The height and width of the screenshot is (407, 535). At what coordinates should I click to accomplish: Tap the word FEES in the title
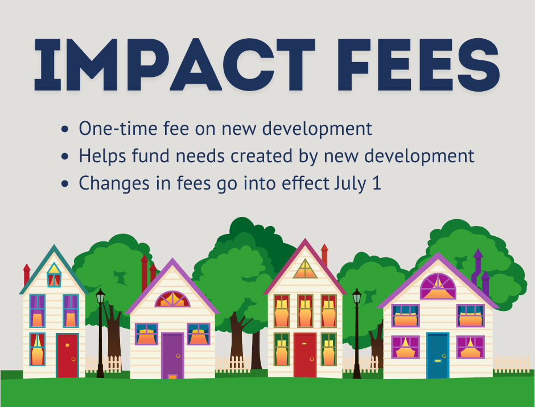point(419,64)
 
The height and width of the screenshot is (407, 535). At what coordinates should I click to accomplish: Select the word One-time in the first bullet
point(118,128)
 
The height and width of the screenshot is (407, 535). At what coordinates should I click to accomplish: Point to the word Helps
point(102,155)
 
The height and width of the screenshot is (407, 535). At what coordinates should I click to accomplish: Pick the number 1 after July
point(376,183)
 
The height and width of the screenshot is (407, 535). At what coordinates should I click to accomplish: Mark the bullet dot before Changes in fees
point(65,183)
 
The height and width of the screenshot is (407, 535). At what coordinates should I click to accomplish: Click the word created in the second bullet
point(261,155)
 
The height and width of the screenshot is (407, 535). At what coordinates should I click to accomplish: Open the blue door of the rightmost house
point(438,356)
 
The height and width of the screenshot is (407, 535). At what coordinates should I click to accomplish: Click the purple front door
point(172,356)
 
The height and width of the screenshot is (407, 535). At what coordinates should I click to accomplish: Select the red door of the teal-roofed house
point(67,356)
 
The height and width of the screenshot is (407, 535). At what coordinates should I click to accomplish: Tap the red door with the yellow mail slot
point(305,355)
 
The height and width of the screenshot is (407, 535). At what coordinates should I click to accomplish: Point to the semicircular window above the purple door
point(172,299)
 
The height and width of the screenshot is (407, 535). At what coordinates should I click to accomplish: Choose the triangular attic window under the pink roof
point(305,269)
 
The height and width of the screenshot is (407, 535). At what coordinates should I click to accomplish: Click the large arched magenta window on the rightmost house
point(438,286)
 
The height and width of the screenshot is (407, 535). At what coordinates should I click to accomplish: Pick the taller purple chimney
point(478,268)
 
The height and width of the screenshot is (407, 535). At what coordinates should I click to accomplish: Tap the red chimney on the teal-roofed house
point(27,274)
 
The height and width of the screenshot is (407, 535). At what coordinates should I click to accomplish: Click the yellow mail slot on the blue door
point(438,360)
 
